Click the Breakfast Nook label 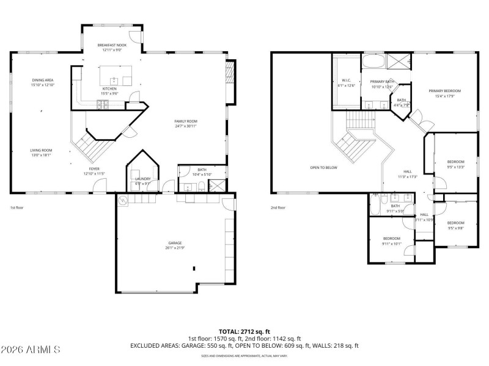point(112,45)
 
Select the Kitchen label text point(109,88)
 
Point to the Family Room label point(186,121)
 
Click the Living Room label point(42,150)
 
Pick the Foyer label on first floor point(94,169)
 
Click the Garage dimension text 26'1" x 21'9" point(175,248)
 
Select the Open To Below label point(323,167)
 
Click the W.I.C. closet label point(346,81)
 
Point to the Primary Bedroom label point(444,91)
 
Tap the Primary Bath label point(382,81)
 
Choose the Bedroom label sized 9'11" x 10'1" point(392,238)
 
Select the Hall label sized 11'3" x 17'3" point(408,172)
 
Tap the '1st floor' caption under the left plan point(17,207)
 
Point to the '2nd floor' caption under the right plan point(278,207)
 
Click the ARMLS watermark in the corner point(31,350)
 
